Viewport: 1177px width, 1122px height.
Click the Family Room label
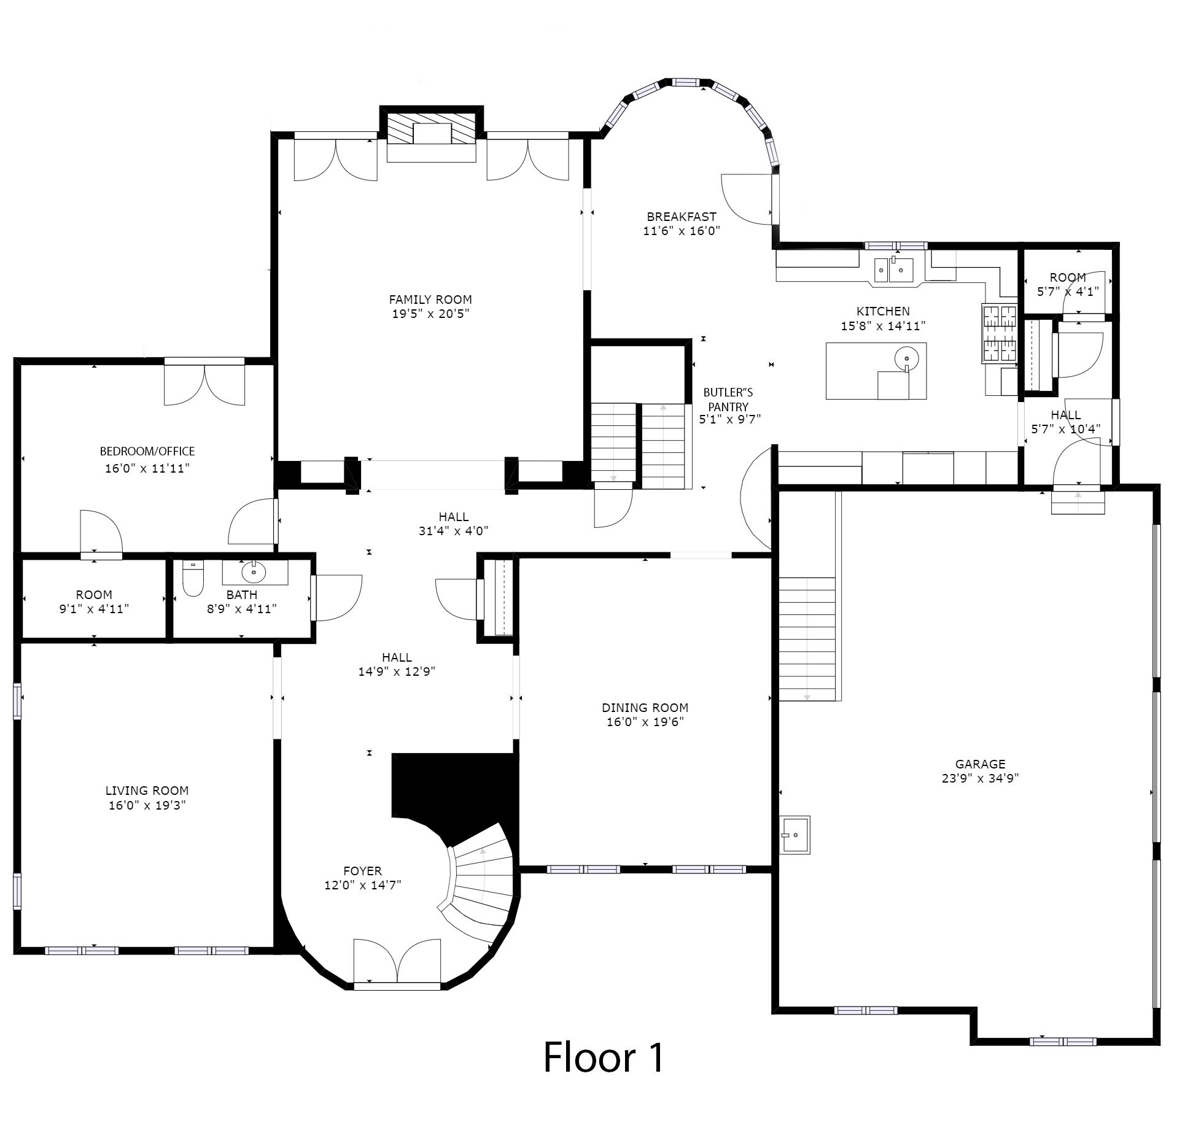(430, 300)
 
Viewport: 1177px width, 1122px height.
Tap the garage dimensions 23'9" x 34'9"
(981, 778)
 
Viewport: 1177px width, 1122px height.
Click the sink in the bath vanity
(254, 573)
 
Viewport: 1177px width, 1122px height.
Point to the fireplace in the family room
(432, 135)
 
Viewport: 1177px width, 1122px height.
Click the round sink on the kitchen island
(907, 357)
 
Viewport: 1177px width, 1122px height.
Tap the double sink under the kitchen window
(895, 269)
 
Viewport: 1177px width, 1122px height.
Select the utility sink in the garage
(794, 835)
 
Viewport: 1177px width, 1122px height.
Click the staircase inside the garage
(807, 639)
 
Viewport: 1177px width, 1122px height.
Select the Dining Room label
(645, 708)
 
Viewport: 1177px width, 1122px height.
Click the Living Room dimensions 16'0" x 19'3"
(147, 805)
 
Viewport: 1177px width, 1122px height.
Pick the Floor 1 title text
(604, 1057)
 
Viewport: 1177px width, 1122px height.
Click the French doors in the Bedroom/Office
(204, 382)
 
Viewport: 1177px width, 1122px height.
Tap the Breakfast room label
(682, 217)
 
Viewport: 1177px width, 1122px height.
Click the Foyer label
(363, 871)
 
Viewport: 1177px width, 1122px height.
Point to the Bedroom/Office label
(147, 451)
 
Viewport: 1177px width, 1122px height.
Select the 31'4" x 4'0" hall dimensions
(454, 531)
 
